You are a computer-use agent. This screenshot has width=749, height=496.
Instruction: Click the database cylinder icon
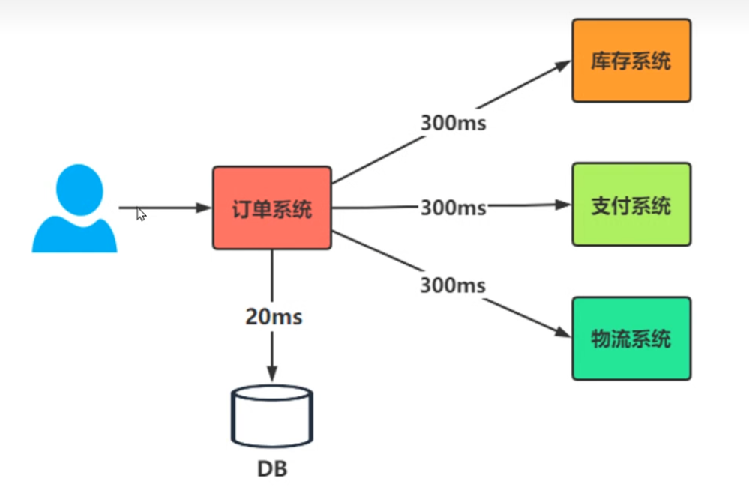click(272, 416)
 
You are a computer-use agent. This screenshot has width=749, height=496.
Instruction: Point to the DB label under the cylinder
click(272, 470)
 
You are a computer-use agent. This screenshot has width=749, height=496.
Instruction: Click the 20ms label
click(274, 317)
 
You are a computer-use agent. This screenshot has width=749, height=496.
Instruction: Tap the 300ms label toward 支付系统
click(453, 208)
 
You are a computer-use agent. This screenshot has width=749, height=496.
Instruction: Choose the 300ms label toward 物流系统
click(453, 285)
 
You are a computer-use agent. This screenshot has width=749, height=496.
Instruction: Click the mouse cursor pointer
click(141, 214)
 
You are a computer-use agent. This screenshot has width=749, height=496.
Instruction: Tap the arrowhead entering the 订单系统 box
click(204, 208)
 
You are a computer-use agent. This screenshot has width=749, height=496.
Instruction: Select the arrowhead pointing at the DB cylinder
click(272, 372)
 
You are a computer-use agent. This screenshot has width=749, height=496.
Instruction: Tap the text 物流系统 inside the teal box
click(631, 339)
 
